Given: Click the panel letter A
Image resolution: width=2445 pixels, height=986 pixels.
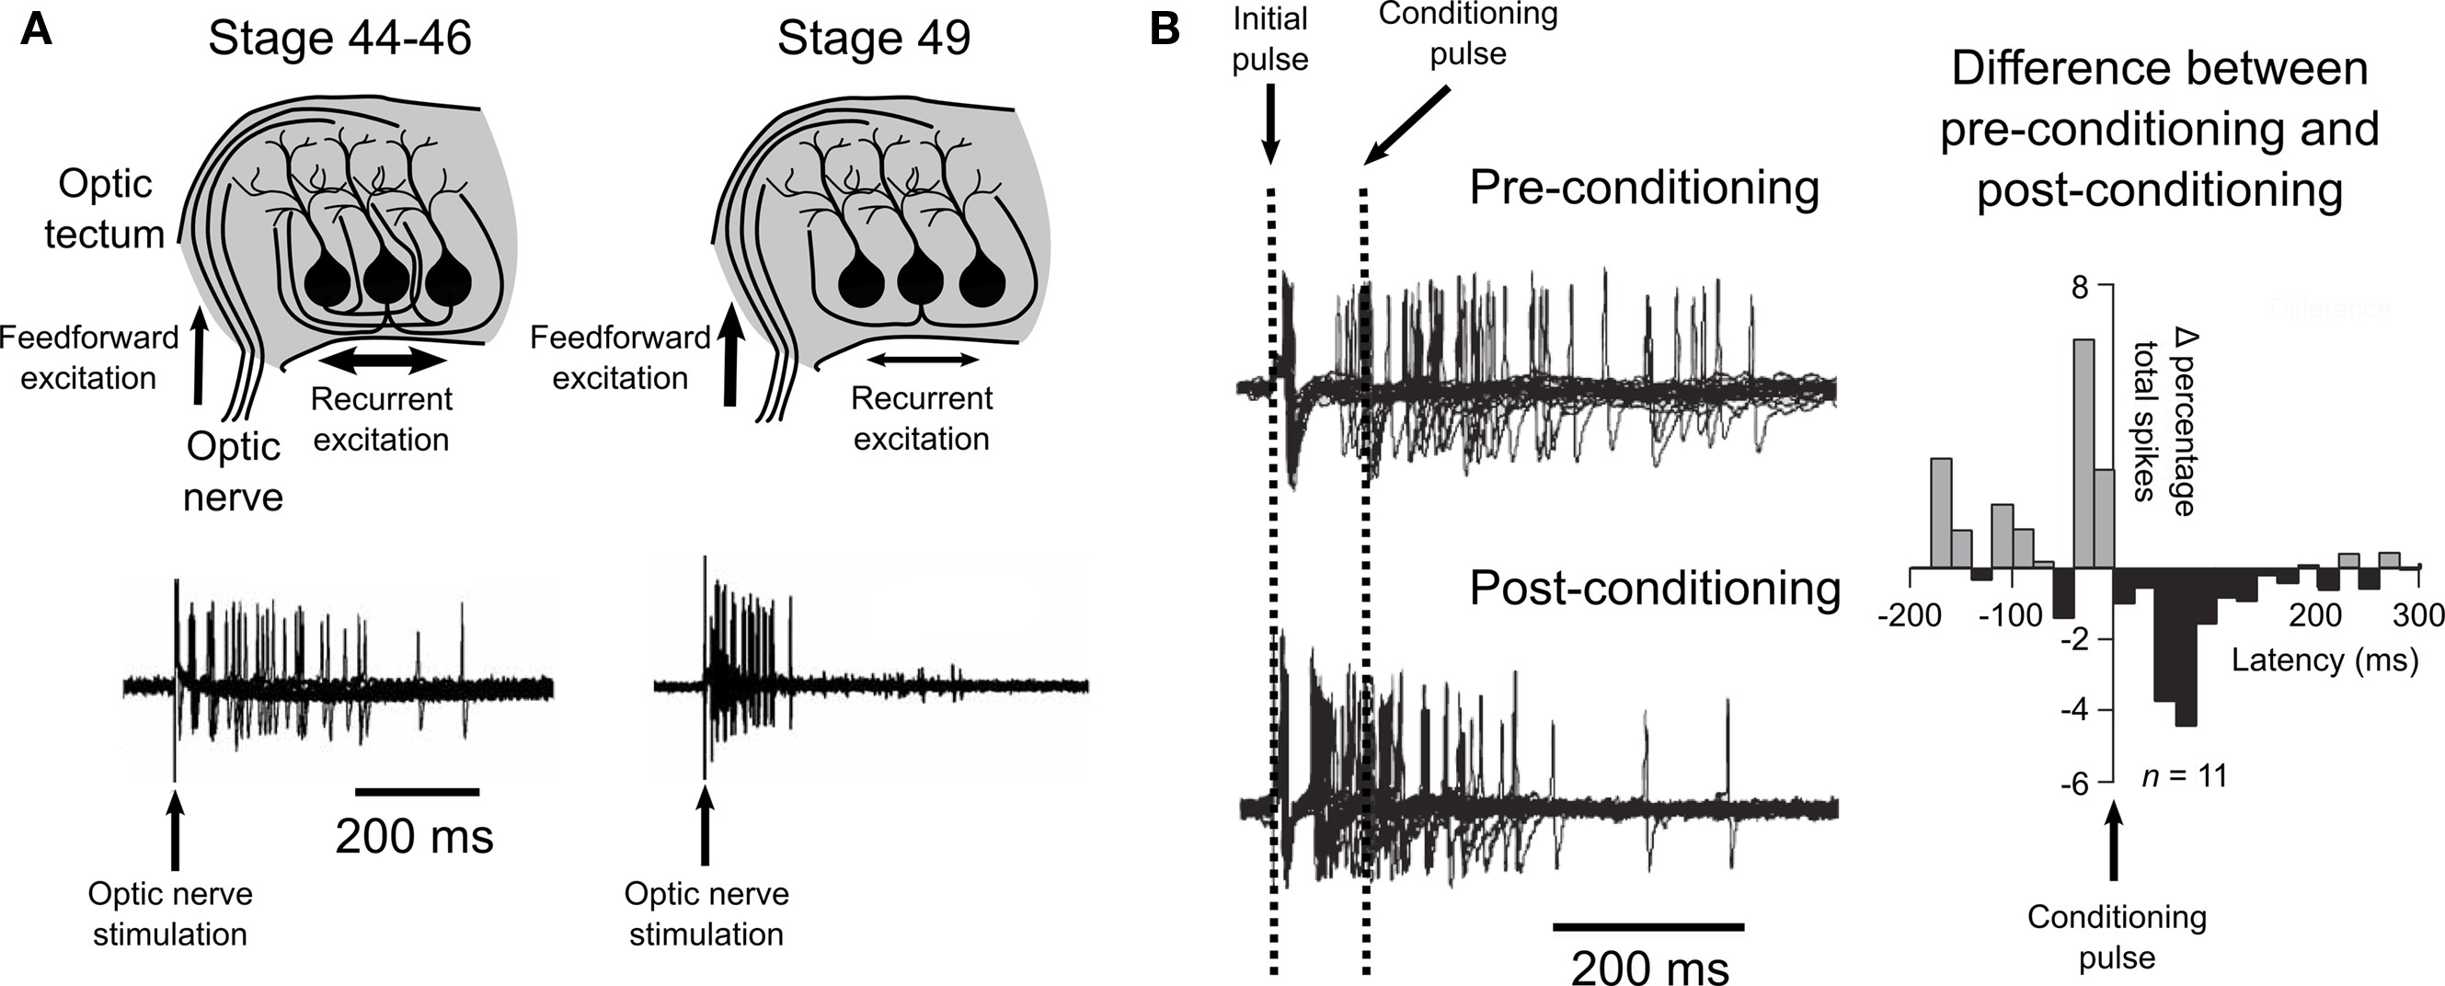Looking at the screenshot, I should (x=36, y=30).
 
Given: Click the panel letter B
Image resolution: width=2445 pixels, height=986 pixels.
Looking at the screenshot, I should (x=1165, y=30).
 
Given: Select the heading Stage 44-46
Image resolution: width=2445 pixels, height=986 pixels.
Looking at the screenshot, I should (x=339, y=39).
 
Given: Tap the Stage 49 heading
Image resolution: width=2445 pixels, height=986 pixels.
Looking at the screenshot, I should (x=873, y=39).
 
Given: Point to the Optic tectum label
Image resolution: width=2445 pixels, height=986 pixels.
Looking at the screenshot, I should (x=105, y=210).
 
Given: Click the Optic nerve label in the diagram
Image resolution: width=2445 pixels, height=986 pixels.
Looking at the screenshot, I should (x=233, y=471).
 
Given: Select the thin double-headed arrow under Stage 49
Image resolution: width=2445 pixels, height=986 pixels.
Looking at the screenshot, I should (x=922, y=360).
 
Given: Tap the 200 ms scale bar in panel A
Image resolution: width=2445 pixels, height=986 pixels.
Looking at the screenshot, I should (x=417, y=790).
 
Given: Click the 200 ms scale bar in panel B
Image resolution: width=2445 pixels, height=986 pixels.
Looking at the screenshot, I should (x=1648, y=926).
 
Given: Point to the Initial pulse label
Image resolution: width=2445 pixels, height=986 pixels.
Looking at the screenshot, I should (x=1269, y=39).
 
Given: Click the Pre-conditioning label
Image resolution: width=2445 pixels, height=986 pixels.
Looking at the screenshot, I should (x=1644, y=188).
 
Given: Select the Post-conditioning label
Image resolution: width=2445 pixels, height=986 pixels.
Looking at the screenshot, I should (x=1654, y=589).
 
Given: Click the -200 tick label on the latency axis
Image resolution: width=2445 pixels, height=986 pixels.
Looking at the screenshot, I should (x=1909, y=616).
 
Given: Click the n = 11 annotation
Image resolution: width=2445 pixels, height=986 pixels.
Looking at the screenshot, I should (x=2184, y=776).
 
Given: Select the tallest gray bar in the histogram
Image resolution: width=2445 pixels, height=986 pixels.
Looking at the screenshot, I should (x=2084, y=453).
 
